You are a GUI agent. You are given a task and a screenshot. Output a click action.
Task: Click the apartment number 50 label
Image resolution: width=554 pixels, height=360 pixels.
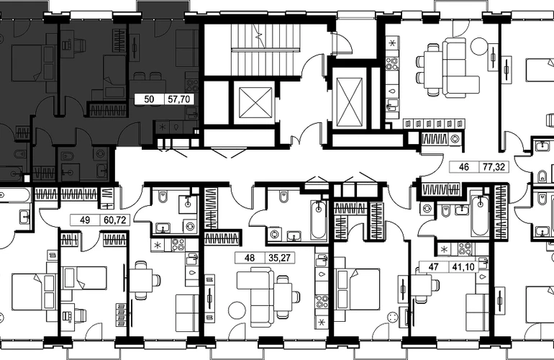pyautogui.click(x=149, y=99)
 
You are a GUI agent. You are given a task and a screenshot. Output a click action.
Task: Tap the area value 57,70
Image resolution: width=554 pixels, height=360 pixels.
pyautogui.click(x=178, y=99)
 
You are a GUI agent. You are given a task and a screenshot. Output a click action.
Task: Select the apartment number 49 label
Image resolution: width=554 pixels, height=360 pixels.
pyautogui.click(x=85, y=220)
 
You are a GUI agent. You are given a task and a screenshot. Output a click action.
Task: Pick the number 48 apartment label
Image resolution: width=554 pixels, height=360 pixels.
pyautogui.click(x=250, y=258)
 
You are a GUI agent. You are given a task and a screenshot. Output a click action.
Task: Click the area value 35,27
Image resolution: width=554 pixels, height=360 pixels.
pyautogui.click(x=279, y=258)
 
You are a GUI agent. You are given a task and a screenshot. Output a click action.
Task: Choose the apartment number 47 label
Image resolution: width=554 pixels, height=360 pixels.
pyautogui.click(x=433, y=266)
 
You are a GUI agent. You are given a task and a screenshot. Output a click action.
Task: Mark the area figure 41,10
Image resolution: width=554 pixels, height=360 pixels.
pyautogui.click(x=463, y=266)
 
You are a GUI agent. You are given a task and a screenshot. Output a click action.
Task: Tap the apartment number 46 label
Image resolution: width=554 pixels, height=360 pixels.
pyautogui.click(x=463, y=166)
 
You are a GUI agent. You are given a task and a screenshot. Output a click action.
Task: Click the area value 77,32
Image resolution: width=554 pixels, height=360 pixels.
pyautogui.click(x=494, y=166)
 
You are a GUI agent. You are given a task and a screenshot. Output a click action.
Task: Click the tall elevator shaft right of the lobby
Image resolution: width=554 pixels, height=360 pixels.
pyautogui.click(x=350, y=102)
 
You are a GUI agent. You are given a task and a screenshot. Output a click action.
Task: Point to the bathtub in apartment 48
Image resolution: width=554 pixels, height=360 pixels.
pyautogui.click(x=319, y=220)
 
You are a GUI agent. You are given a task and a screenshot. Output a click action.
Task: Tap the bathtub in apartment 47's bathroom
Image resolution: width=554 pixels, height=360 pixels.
pyautogui.click(x=480, y=216)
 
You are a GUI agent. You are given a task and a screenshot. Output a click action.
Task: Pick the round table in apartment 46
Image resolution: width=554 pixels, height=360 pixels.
pyautogui.click(x=479, y=46)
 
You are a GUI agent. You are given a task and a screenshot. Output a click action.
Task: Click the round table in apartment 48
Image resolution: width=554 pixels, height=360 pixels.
pyautogui.click(x=237, y=310)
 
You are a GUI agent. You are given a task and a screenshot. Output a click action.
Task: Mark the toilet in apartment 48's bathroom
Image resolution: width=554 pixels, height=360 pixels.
pyautogui.click(x=282, y=197)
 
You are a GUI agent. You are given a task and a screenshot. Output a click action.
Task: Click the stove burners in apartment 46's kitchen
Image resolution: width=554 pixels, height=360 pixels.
pyautogui.click(x=391, y=64)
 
